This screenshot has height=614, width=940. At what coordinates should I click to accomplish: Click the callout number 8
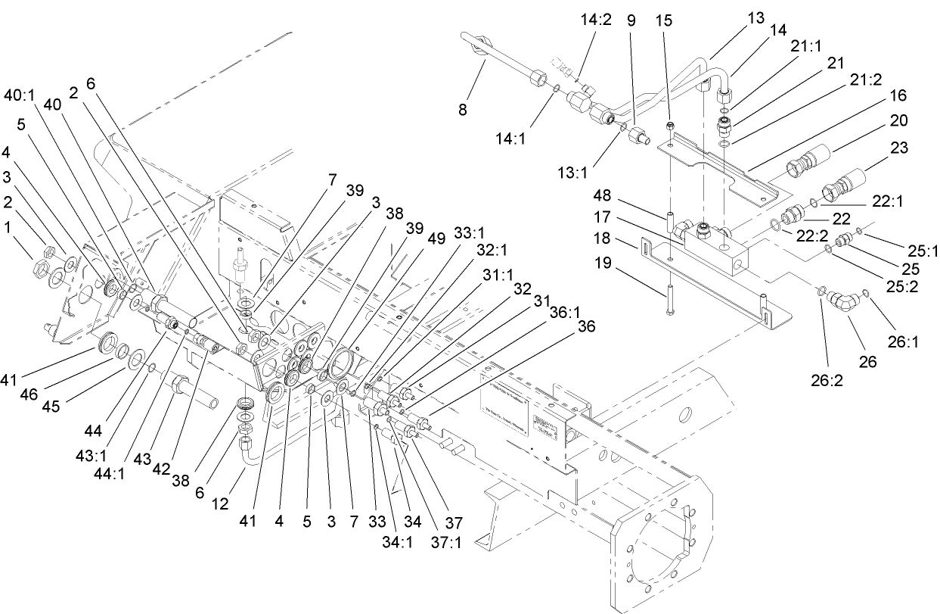click(463, 111)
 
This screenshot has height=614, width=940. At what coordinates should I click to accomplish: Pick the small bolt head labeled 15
click(671, 124)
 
